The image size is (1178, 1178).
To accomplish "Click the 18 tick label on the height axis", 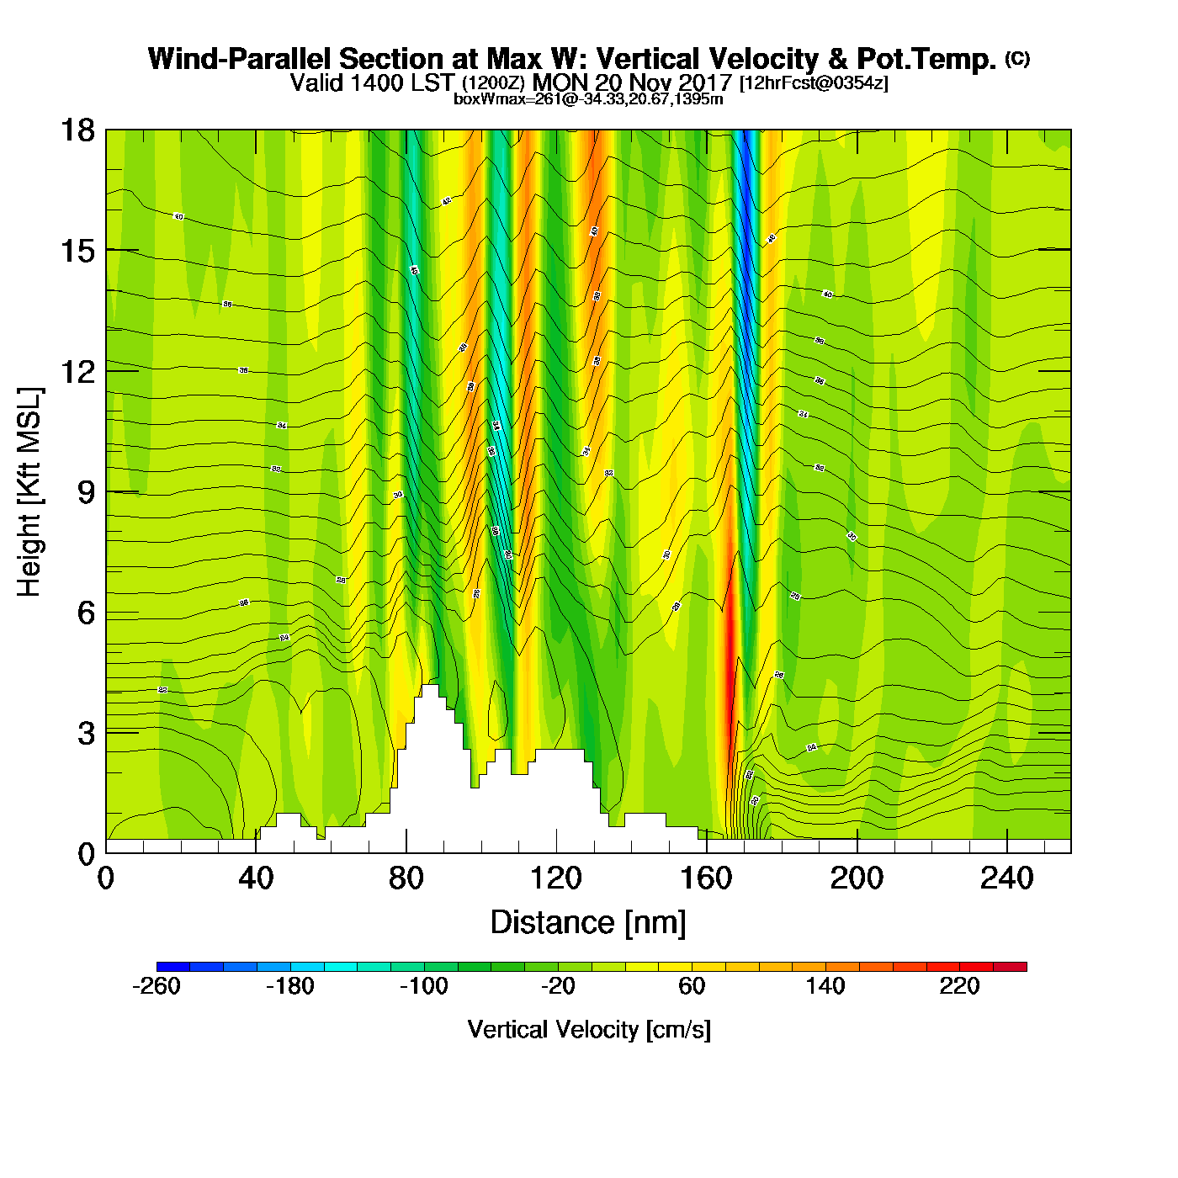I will tap(77, 130).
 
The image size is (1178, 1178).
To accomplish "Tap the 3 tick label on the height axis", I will tap(86, 734).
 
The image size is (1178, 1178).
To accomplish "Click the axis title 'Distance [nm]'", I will tap(588, 923).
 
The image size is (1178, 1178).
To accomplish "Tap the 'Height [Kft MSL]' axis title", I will tap(29, 492).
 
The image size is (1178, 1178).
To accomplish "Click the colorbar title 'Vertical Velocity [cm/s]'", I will tap(589, 1030).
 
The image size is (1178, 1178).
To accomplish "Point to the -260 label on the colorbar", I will tap(157, 986).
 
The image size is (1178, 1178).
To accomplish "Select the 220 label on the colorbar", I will tap(959, 986).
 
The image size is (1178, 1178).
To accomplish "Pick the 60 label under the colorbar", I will tap(692, 986).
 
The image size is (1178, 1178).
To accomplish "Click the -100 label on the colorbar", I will tap(423, 986).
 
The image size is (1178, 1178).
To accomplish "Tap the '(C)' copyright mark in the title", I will tap(1017, 58).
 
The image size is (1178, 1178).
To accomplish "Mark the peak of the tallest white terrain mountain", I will tap(429, 687).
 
